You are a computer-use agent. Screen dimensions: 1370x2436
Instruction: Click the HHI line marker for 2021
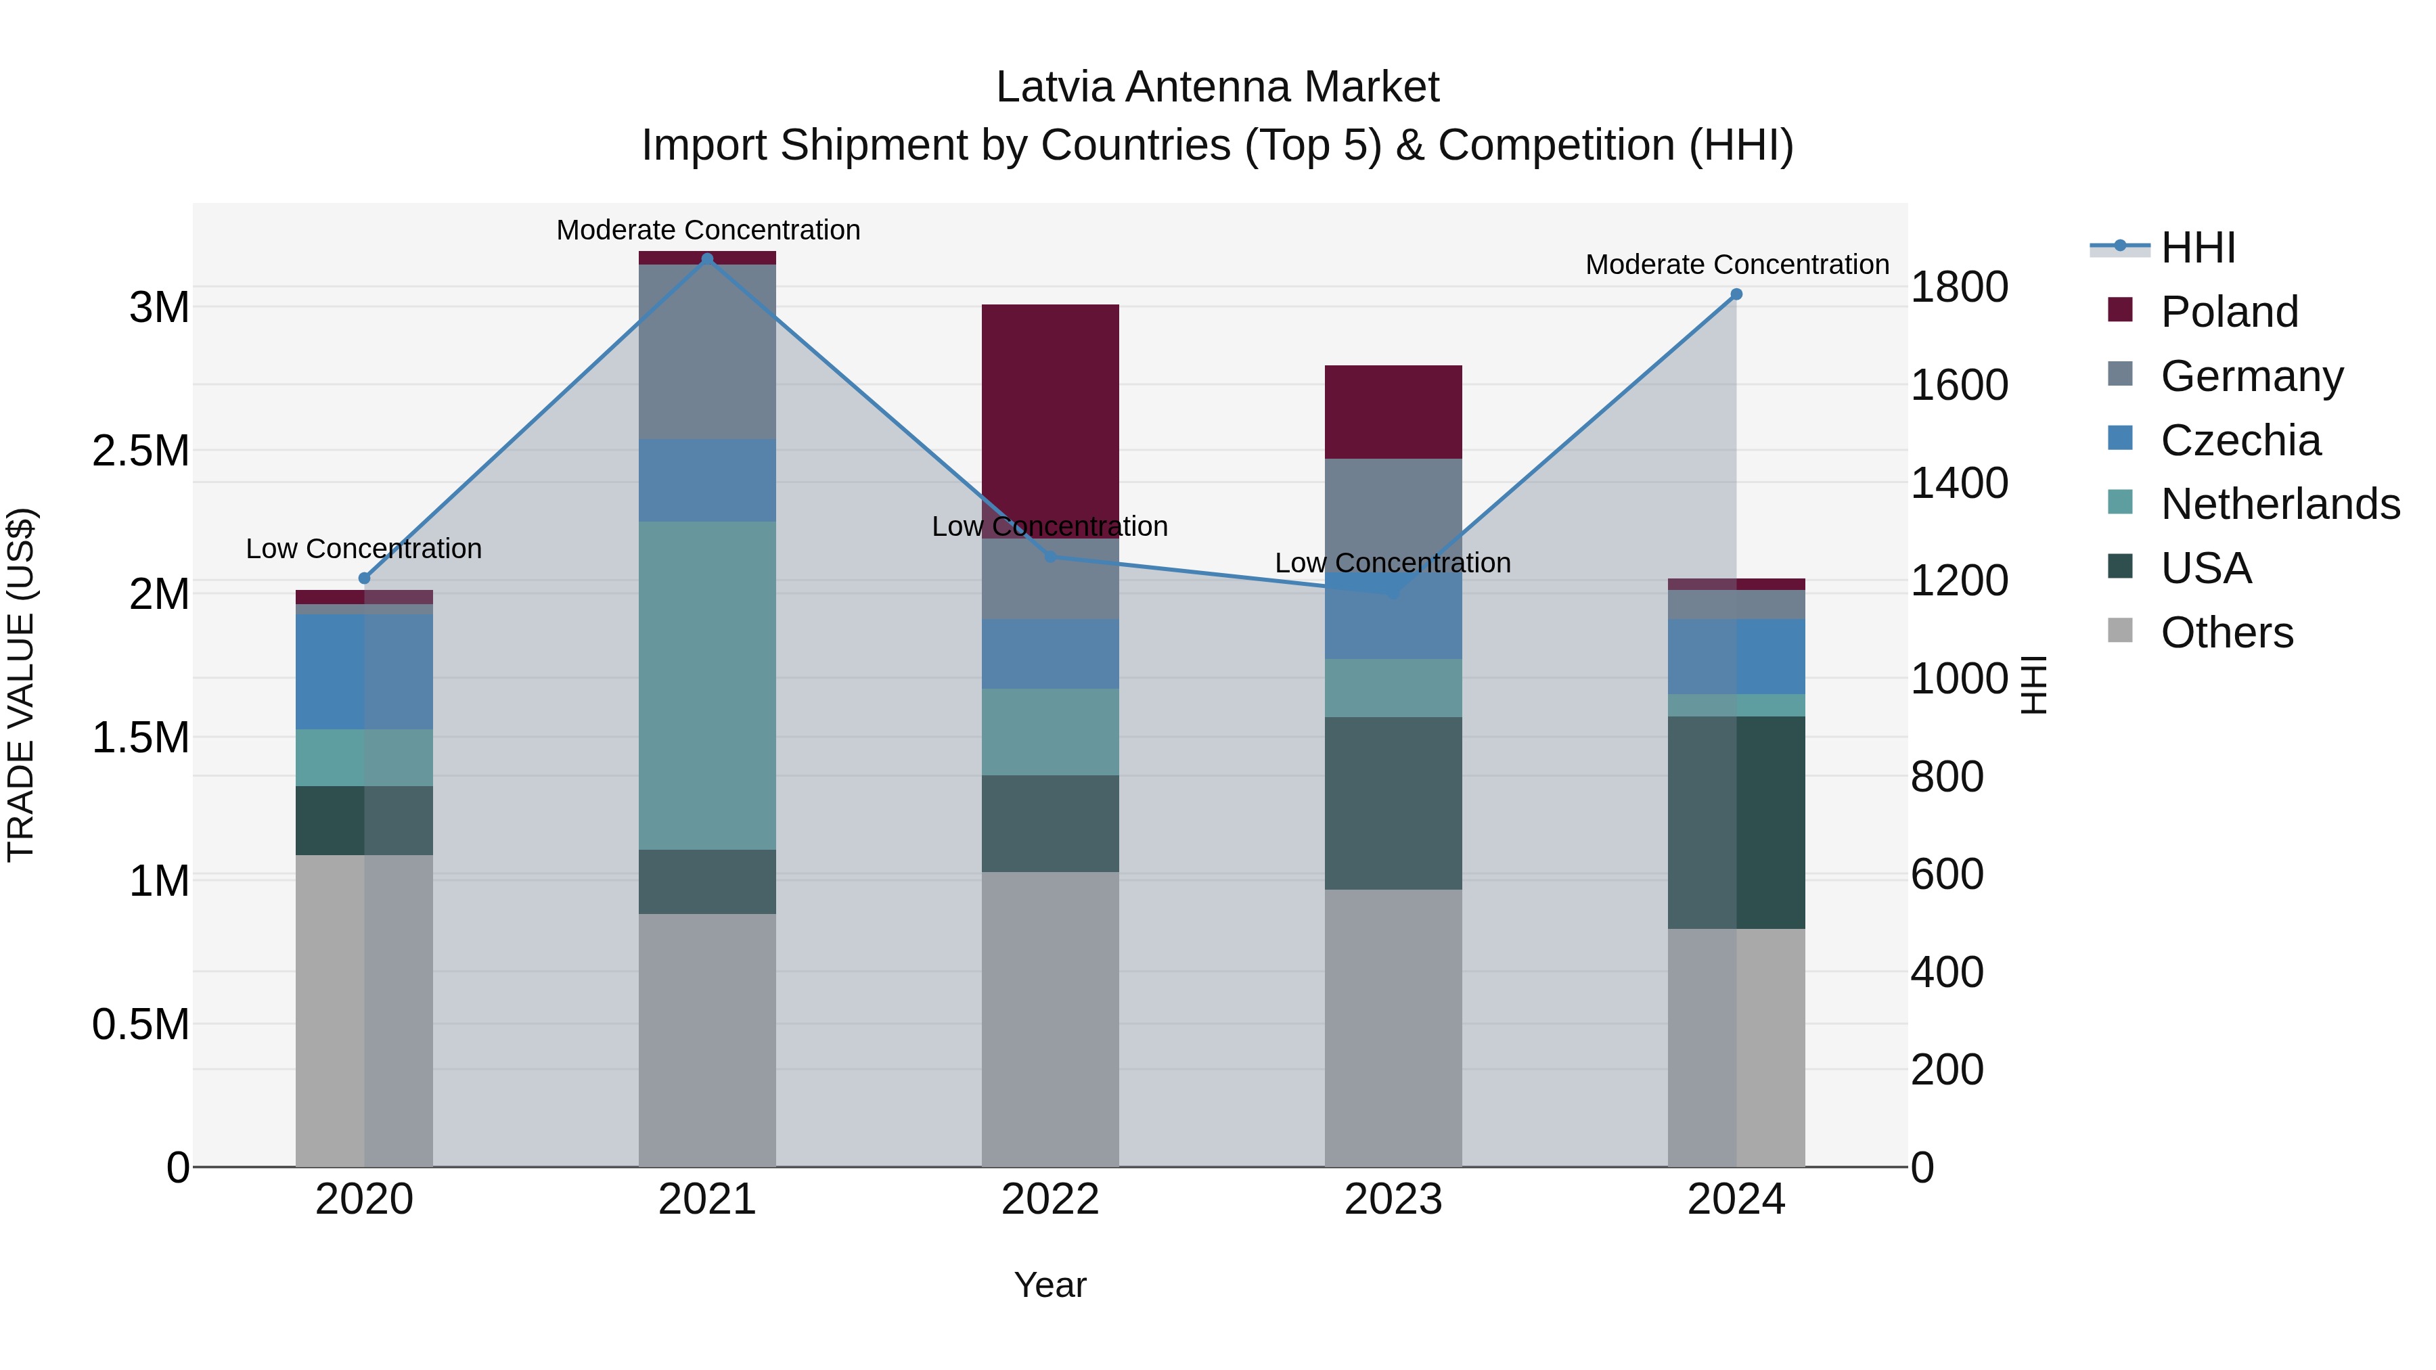707,259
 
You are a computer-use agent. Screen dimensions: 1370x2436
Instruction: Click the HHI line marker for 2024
1736,294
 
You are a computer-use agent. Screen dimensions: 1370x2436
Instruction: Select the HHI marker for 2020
364,578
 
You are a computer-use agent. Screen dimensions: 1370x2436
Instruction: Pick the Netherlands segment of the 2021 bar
707,685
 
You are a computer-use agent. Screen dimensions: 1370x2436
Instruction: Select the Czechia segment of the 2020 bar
364,671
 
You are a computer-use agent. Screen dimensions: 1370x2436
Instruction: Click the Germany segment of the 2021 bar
707,352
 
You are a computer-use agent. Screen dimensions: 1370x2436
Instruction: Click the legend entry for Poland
2229,312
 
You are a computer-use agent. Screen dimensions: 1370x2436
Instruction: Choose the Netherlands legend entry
2279,504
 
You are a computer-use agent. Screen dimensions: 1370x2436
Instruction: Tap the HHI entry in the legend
2198,248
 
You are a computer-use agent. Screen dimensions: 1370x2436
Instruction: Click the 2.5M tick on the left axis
141,451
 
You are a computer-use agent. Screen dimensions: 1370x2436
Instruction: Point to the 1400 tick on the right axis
1958,483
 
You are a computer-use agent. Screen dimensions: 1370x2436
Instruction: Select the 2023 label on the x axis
1393,1200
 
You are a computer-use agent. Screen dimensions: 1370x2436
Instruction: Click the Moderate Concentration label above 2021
708,230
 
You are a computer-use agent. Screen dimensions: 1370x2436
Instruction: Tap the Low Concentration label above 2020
364,549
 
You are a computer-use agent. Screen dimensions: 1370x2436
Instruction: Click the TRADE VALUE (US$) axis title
21,685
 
